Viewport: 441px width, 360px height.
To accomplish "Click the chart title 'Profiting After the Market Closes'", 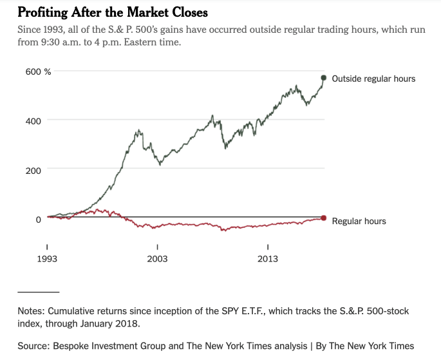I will pos(113,12).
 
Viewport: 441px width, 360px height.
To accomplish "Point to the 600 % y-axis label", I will pos(38,71).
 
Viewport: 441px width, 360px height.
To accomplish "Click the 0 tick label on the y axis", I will pos(38,220).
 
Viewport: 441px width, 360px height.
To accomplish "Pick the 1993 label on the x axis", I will pos(47,259).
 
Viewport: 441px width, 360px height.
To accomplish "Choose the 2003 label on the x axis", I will pos(157,259).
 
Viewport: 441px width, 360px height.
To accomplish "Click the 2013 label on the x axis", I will pos(267,259).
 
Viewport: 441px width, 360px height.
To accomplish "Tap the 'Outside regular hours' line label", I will pos(373,79).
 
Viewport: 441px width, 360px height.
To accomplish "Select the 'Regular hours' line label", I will pos(359,221).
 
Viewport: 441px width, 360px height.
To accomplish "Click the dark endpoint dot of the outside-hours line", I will pos(323,78).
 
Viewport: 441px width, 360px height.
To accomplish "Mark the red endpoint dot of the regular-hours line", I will pos(323,218).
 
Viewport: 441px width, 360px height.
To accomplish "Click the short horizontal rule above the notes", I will pos(38,292).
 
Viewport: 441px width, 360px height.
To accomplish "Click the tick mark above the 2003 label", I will pos(157,247).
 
